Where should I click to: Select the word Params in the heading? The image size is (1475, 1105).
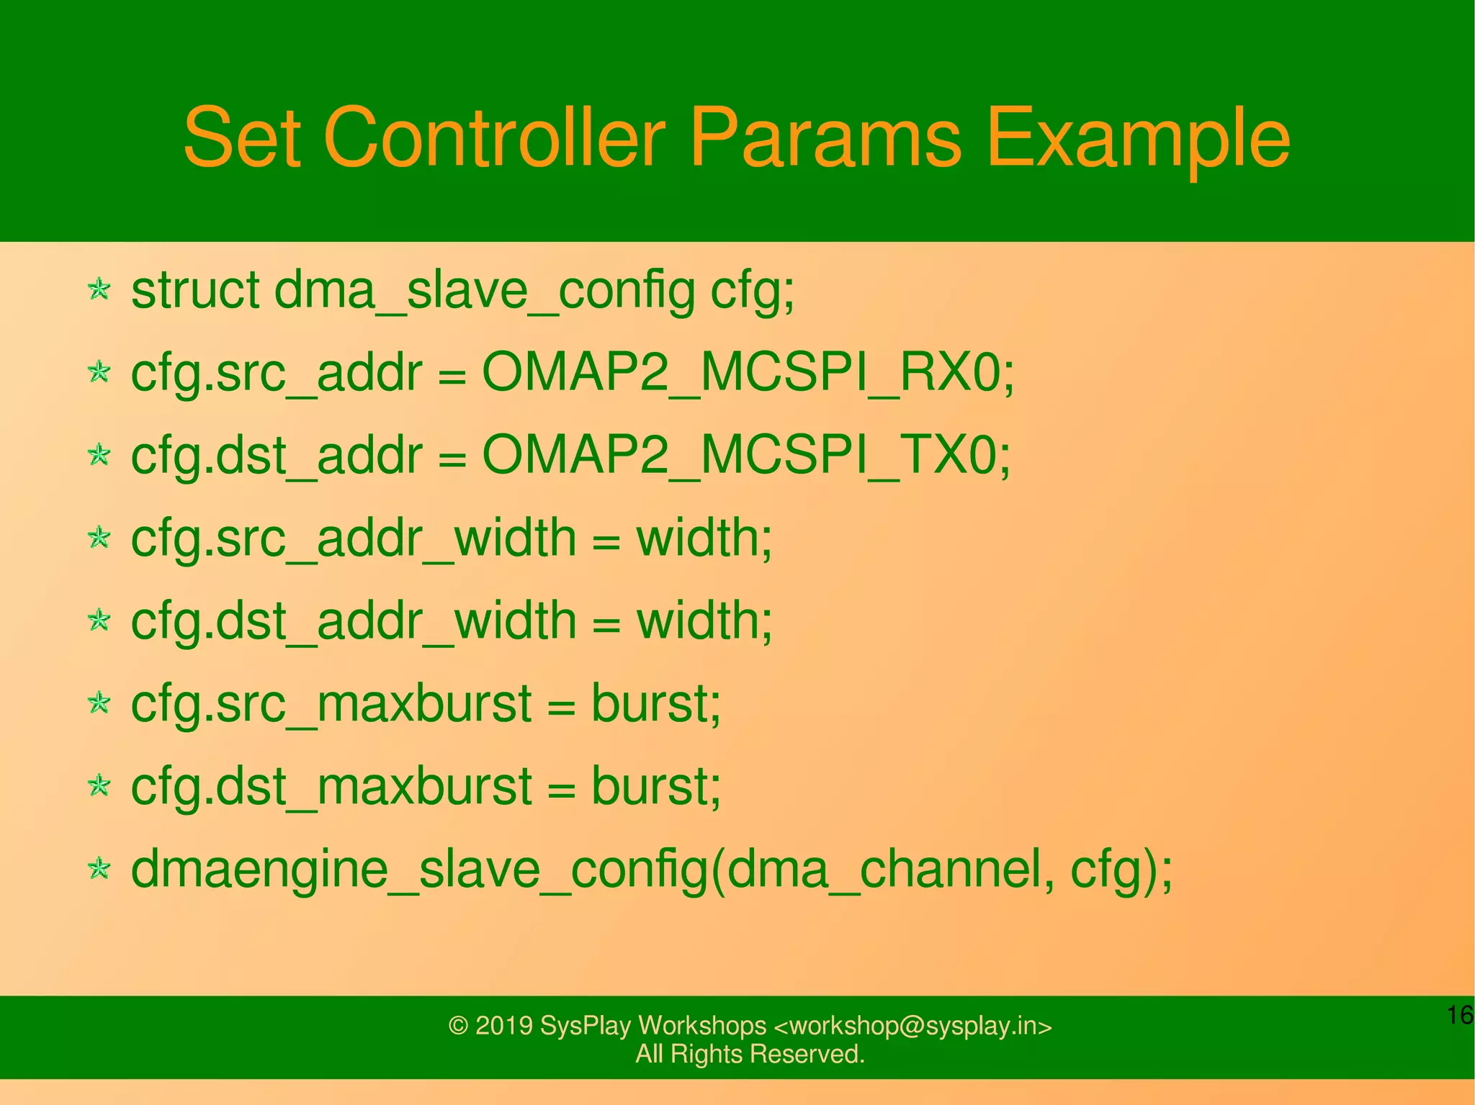pos(825,137)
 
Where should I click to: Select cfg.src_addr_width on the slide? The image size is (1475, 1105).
pos(353,538)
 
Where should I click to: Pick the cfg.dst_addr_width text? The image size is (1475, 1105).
pos(353,621)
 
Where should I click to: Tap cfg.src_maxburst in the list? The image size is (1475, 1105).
pos(331,703)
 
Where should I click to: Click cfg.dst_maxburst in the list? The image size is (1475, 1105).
pos(331,786)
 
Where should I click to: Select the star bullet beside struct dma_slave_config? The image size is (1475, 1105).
pos(99,290)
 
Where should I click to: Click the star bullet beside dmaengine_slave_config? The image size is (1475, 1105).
pos(99,869)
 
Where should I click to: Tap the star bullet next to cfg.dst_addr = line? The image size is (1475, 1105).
pos(99,455)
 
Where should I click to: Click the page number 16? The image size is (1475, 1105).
pos(1459,1015)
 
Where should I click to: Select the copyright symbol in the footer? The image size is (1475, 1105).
pos(458,1026)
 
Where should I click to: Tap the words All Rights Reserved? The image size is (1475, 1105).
pos(750,1054)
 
